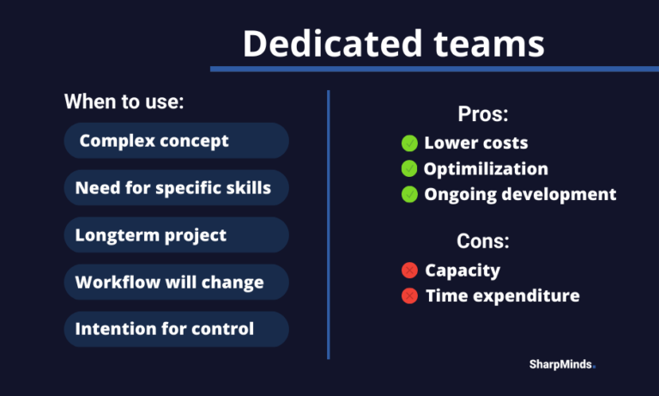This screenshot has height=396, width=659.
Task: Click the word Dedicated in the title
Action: tap(332, 43)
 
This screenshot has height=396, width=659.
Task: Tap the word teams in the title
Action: tap(489, 44)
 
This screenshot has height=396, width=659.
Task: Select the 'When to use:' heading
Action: tap(124, 101)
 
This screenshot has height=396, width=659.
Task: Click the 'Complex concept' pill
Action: tap(177, 141)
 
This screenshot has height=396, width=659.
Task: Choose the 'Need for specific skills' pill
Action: tap(177, 187)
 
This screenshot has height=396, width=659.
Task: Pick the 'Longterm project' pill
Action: tap(177, 235)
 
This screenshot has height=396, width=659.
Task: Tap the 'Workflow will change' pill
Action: tap(177, 282)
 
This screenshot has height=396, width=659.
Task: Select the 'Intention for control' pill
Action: tap(177, 329)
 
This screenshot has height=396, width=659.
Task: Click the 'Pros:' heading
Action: tap(483, 113)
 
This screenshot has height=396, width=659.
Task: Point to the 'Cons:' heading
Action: tap(483, 241)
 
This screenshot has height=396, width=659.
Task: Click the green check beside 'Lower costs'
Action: tap(409, 143)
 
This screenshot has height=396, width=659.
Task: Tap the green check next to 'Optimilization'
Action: tap(409, 168)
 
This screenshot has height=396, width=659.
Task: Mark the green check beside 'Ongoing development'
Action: tap(409, 194)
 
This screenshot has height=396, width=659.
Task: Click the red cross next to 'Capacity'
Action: tap(409, 271)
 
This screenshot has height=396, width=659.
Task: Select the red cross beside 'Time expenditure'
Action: tap(409, 295)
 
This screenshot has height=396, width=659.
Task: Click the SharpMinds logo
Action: tap(562, 364)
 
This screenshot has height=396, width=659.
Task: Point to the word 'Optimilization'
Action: tap(486, 168)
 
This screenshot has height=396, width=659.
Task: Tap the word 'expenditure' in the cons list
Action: tap(526, 296)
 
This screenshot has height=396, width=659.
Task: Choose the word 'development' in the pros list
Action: tap(559, 194)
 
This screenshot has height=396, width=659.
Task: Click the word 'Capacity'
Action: tap(463, 271)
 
